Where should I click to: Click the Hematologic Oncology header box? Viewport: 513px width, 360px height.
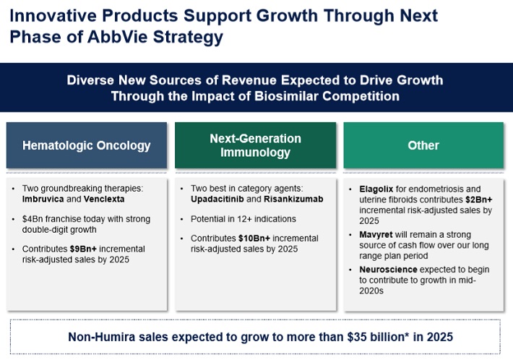pyautogui.click(x=87, y=145)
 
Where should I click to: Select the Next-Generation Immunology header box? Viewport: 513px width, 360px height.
pyautogui.click(x=255, y=145)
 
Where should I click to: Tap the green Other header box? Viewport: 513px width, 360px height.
pyautogui.click(x=423, y=145)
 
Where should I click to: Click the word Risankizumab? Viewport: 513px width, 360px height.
pyautogui.click(x=299, y=199)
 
